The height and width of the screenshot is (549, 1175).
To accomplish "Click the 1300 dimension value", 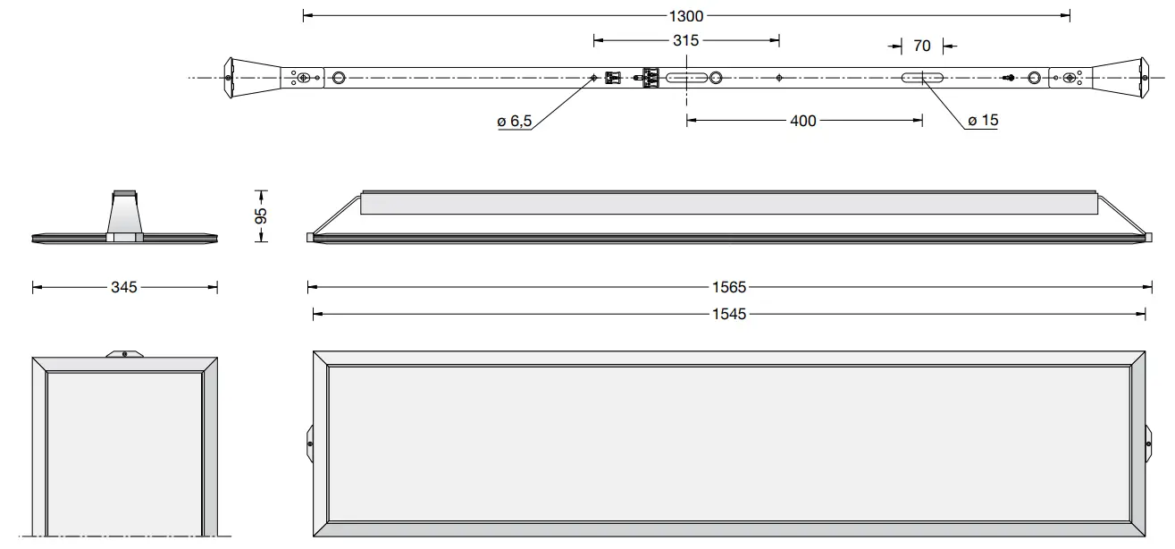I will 686,15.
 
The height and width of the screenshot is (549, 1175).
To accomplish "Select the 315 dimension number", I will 686,40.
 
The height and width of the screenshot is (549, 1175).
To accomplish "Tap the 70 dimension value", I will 922,46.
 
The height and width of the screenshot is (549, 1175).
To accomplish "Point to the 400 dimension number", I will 803,121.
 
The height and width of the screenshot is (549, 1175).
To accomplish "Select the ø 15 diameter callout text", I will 983,121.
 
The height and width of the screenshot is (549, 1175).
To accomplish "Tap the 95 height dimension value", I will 261,215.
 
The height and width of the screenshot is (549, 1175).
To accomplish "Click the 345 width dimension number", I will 124,287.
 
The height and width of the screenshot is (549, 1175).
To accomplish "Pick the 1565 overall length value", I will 730,287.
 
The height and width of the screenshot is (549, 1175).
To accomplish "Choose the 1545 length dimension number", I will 730,314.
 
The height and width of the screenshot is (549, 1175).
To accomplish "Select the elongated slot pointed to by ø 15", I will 921,78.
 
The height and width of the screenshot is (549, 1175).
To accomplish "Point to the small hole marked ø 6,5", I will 594,78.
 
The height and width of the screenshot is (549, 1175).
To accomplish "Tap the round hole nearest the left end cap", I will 339,78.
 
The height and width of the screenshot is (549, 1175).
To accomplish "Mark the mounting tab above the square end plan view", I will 124,353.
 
